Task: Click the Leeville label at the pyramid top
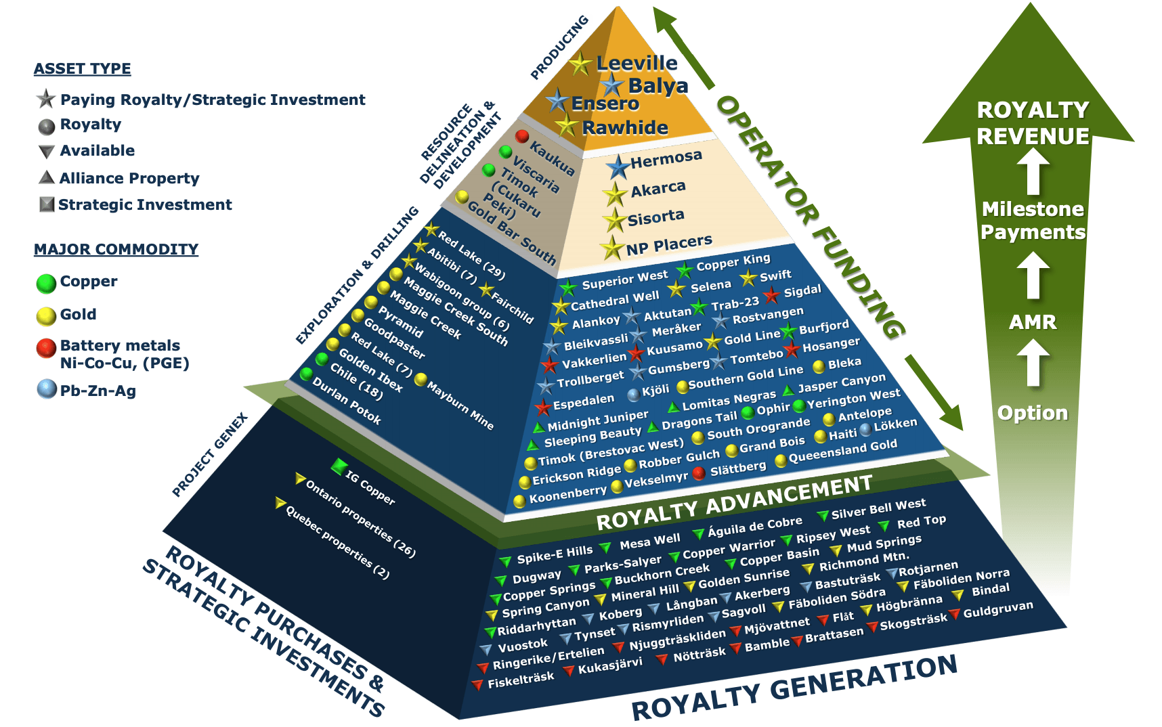(637, 63)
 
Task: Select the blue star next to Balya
(612, 85)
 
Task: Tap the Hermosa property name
(666, 159)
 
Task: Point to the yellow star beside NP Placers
(612, 249)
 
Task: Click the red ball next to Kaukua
(521, 136)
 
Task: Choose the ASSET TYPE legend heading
(83, 68)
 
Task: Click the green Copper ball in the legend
(46, 283)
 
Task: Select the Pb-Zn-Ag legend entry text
(98, 391)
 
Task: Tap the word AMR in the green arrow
(1033, 322)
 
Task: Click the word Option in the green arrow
(1033, 412)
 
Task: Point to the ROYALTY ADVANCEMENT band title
(734, 502)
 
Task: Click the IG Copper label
(370, 487)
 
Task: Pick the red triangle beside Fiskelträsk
(478, 684)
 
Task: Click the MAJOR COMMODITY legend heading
(116, 249)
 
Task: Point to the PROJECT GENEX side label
(210, 455)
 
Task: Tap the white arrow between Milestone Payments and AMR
(1033, 276)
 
